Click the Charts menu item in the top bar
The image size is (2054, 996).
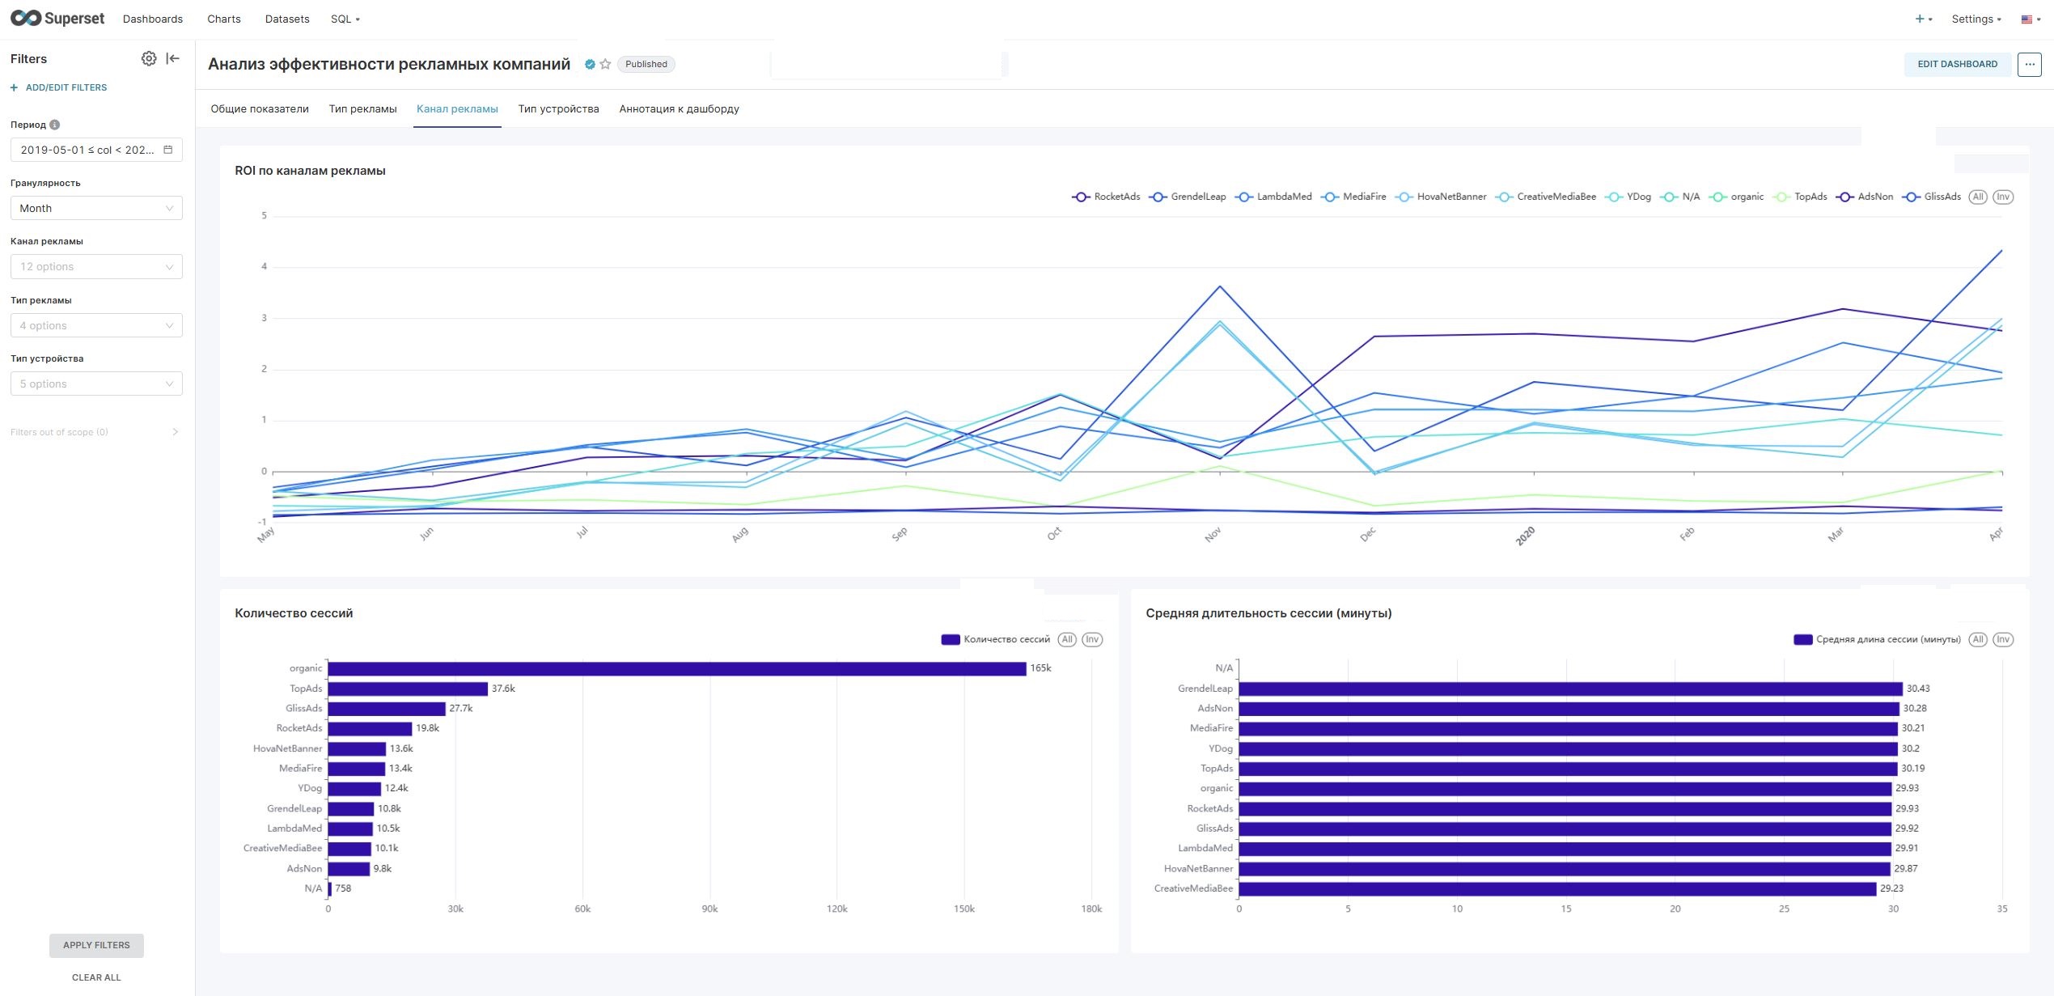(223, 19)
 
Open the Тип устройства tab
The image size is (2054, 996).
(558, 108)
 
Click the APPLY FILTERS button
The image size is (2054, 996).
(96, 945)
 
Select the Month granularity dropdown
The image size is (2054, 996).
(96, 208)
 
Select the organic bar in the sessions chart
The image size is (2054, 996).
(676, 668)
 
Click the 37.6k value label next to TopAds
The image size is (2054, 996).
(503, 689)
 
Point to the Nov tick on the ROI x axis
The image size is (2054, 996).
(1213, 535)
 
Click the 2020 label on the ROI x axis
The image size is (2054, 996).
(1525, 536)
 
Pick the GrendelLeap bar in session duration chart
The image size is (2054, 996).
(1570, 689)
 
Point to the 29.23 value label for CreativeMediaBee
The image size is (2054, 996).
(1891, 888)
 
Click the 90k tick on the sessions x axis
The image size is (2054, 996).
(709, 909)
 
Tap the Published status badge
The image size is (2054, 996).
(646, 64)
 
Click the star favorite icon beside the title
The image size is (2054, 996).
(605, 64)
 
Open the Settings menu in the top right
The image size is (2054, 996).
(1976, 19)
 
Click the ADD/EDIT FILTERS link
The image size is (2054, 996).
(59, 87)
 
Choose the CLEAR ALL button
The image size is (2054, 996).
(96, 977)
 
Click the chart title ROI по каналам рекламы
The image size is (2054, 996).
(310, 171)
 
